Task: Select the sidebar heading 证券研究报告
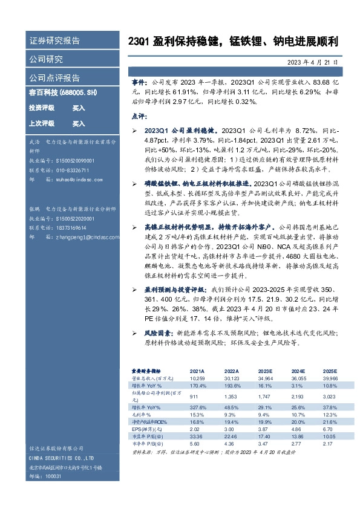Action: point(54,41)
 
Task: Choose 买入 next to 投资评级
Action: point(79,108)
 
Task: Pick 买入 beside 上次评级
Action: point(79,123)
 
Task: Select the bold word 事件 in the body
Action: point(139,80)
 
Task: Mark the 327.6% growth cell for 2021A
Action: point(198,407)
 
